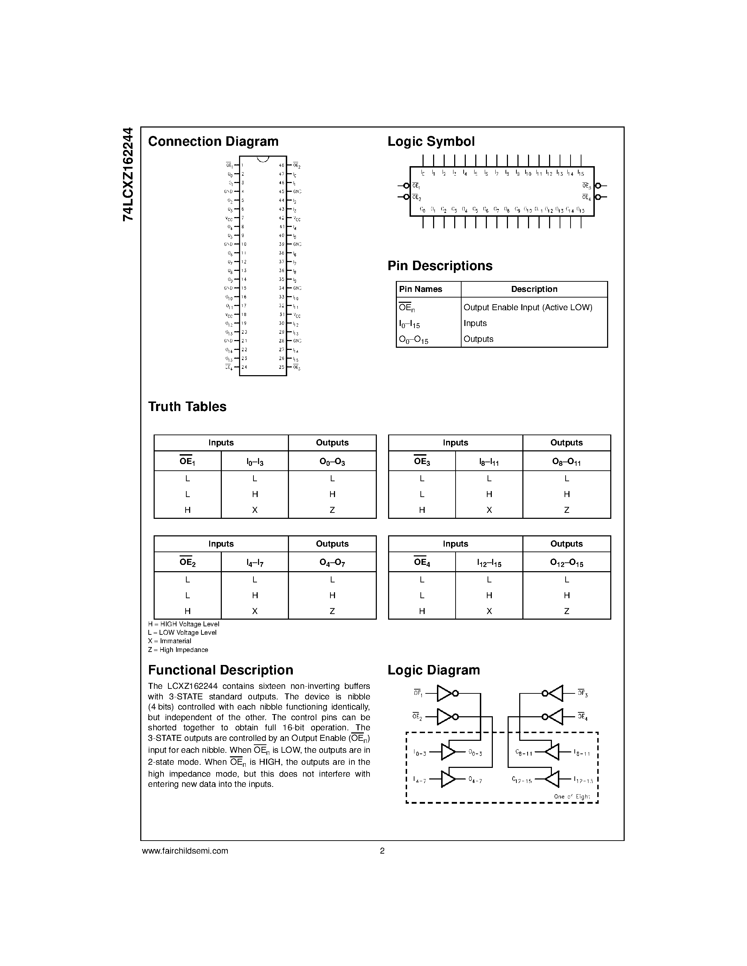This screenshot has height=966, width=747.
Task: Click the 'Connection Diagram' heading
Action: point(213,142)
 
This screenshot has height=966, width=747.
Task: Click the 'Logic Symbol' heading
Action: point(431,142)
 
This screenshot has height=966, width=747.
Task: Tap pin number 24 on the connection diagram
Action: point(244,367)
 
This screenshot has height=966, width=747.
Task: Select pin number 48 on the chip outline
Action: point(282,165)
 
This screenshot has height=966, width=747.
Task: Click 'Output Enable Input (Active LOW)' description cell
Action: point(528,307)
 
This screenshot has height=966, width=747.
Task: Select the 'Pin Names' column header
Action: point(420,289)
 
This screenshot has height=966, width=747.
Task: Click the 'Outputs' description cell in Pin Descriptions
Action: point(478,339)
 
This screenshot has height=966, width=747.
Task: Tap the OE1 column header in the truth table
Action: point(187,461)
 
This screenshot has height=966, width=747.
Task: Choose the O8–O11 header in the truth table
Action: point(566,461)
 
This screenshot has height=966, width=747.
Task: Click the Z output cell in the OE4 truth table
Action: point(566,611)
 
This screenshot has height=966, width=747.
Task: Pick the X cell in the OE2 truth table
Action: point(255,611)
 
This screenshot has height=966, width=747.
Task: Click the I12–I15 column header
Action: point(489,563)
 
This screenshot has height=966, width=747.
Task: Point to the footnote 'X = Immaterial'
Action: point(169,641)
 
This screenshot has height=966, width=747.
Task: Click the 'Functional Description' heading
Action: point(220,670)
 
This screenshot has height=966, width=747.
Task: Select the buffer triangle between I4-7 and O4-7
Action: point(448,779)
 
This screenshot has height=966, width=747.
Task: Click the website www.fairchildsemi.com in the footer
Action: point(185,850)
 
